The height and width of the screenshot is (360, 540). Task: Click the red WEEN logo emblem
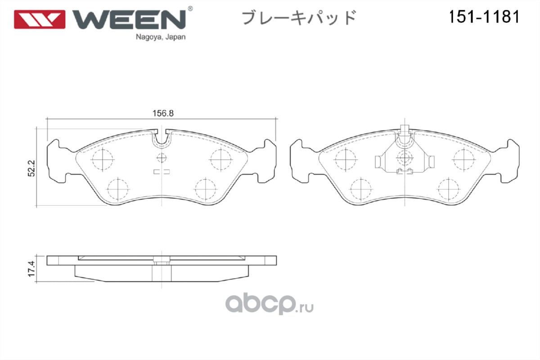click(x=40, y=19)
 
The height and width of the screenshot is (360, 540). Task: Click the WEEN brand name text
click(x=130, y=19)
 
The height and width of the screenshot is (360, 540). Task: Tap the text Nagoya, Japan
click(x=161, y=37)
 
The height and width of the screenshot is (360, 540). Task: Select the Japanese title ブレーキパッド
click(x=299, y=18)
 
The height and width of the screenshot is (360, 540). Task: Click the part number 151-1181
click(x=484, y=17)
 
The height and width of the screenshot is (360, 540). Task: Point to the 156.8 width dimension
click(x=163, y=113)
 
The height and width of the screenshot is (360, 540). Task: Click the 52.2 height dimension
click(x=31, y=169)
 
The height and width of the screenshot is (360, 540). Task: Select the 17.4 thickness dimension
click(x=31, y=269)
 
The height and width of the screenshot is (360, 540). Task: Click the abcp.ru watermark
click(x=269, y=304)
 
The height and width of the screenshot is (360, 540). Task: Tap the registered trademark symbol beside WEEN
click(x=190, y=9)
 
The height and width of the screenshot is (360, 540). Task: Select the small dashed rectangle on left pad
click(x=162, y=172)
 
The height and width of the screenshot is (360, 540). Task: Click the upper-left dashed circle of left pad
click(x=103, y=159)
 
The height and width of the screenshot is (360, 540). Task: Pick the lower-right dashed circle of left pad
click(x=205, y=189)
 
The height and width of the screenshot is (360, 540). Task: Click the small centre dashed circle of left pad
click(x=162, y=158)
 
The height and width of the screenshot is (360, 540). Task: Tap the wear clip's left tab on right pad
click(x=378, y=162)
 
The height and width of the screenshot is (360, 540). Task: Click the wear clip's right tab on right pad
click(x=432, y=162)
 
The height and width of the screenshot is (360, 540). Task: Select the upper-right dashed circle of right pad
click(x=464, y=159)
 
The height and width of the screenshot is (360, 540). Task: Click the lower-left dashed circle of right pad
click(x=361, y=189)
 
